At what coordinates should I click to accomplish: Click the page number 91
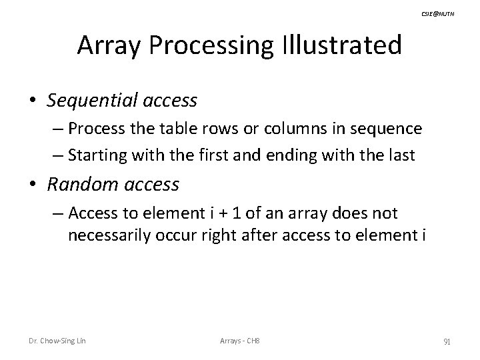click(447, 341)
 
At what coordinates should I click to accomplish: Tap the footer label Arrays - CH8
click(239, 341)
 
